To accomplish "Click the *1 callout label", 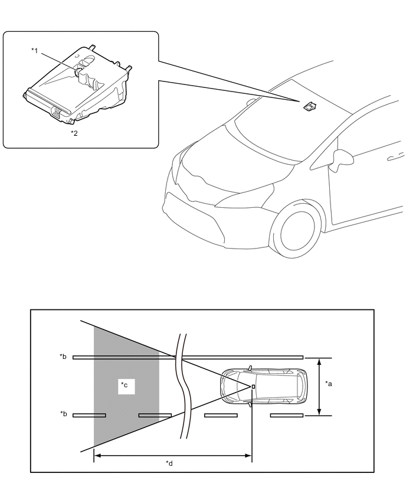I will [35, 51].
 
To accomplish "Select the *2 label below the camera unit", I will [74, 133].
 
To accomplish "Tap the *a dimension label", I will [329, 383].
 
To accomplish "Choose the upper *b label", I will [63, 357].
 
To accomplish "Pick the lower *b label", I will [63, 414].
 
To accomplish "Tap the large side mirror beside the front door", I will [340, 158].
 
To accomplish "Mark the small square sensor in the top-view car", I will [253, 387].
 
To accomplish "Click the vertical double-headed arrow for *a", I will [319, 386].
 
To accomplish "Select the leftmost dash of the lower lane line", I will [89, 415].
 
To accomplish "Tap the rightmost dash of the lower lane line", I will [287, 415].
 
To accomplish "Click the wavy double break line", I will [182, 387].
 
